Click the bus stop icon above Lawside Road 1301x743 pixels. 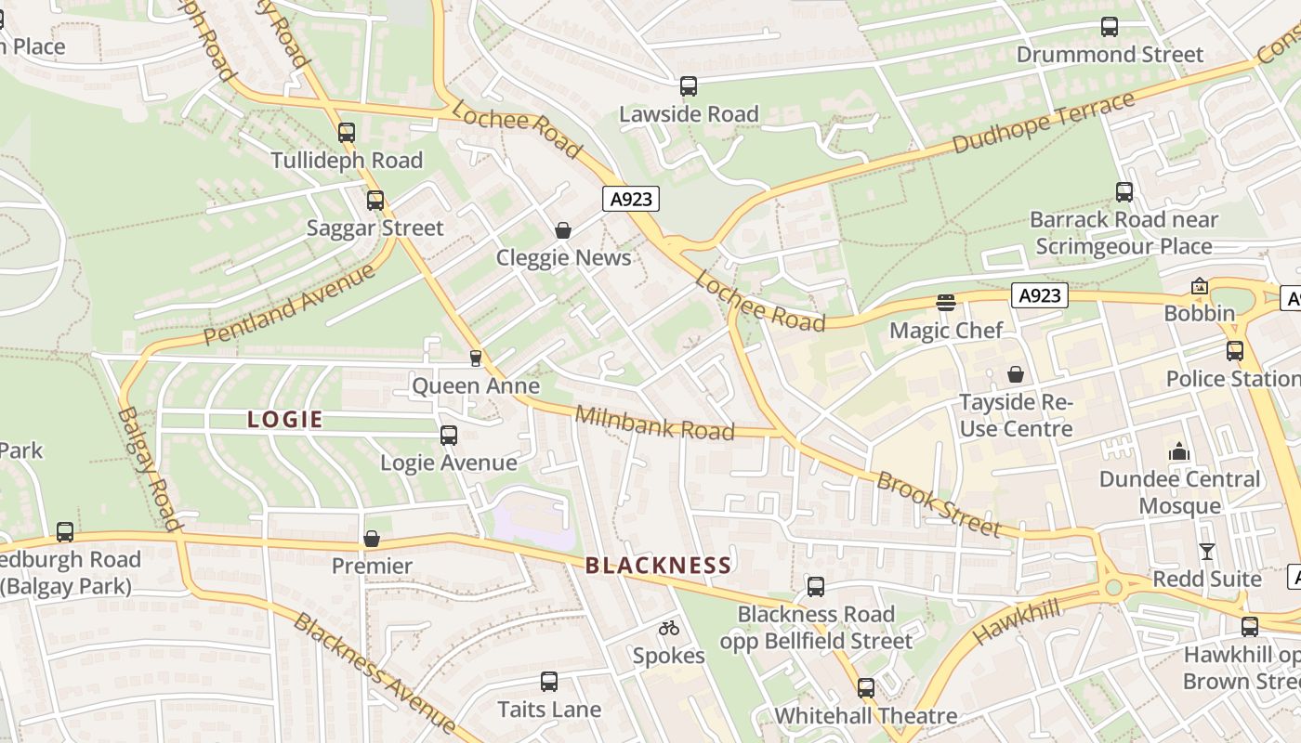tap(689, 86)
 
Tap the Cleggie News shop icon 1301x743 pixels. tap(563, 230)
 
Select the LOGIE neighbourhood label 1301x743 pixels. tap(285, 419)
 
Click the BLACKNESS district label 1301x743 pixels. tap(658, 566)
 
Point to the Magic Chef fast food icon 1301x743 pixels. tap(946, 302)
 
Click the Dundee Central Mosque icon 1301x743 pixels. tap(1180, 452)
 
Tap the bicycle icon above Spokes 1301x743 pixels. tap(669, 629)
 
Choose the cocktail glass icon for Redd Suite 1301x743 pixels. tap(1207, 551)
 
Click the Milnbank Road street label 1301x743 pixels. tap(655, 423)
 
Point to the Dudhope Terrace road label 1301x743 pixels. tap(1044, 124)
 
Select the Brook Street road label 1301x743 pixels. tap(939, 504)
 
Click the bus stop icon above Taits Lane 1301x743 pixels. tap(549, 682)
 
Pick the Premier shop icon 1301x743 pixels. tap(372, 539)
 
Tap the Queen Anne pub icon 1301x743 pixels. tap(476, 358)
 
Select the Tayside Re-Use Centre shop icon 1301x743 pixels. tap(1016, 374)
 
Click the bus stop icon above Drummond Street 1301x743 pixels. tap(1110, 27)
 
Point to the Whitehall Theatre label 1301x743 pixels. tap(866, 716)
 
